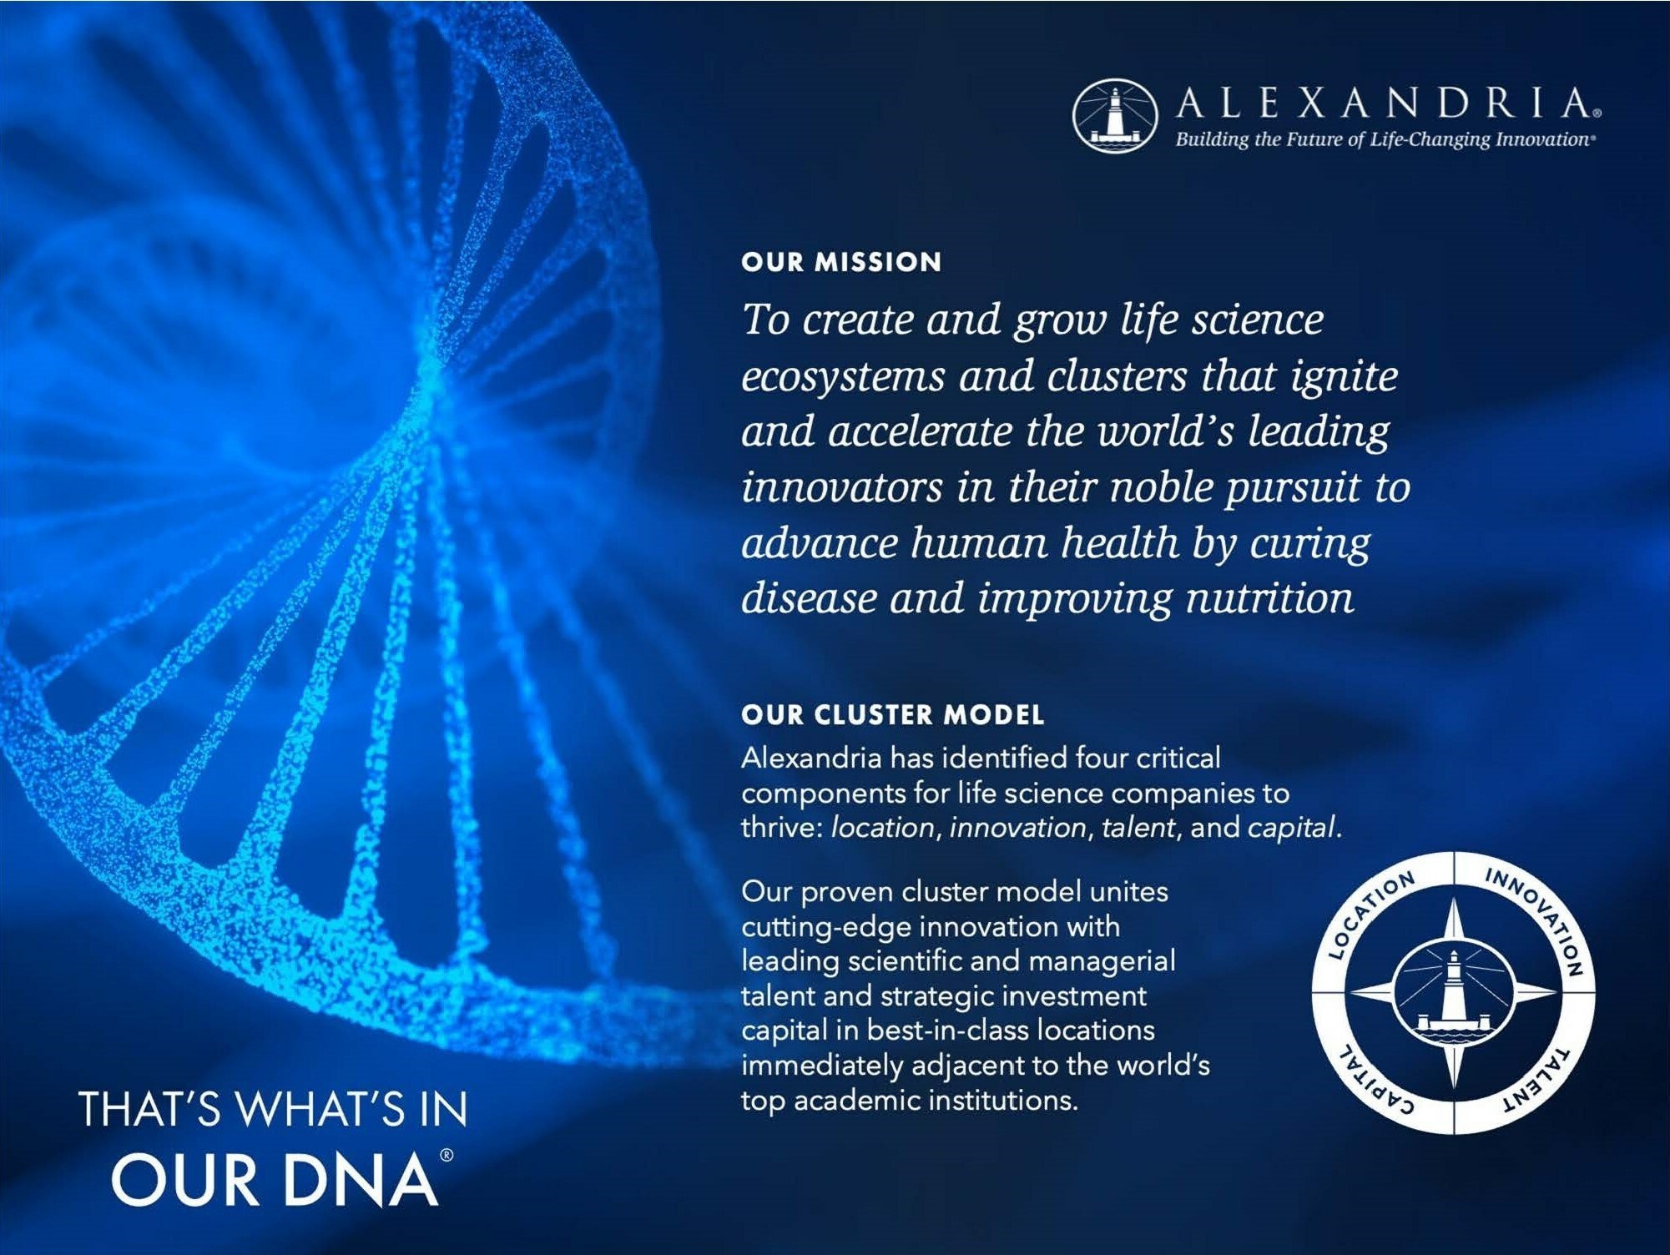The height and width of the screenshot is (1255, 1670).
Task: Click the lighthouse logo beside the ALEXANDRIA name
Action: [1114, 116]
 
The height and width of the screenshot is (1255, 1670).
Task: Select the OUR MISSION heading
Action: [841, 262]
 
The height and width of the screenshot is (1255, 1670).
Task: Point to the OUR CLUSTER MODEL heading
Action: [893, 714]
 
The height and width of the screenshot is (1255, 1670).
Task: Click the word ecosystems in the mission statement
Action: [843, 377]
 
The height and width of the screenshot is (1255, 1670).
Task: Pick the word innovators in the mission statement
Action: [841, 486]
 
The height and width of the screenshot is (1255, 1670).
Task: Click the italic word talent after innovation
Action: [1138, 828]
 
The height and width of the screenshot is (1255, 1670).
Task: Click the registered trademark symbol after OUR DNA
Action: [447, 1155]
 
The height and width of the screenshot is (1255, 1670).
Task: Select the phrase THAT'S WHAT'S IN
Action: [273, 1109]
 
